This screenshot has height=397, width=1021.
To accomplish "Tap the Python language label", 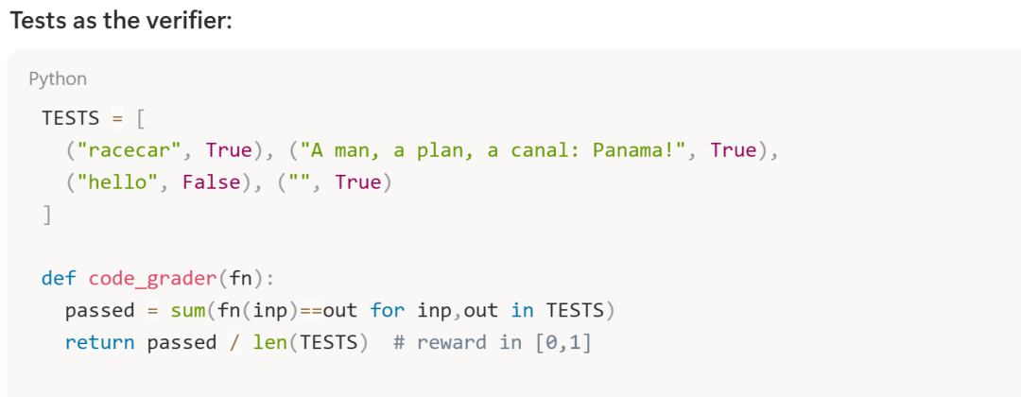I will [x=58, y=78].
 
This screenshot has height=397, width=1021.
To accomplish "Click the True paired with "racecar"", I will [x=229, y=150].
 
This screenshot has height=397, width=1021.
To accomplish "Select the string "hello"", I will [x=112, y=182].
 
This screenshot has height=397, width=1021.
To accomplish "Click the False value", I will [x=212, y=182].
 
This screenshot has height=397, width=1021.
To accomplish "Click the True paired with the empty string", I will [x=357, y=182].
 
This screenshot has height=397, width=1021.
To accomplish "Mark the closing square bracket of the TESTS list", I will [x=47, y=215].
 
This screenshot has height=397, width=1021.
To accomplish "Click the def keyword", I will [x=59, y=279].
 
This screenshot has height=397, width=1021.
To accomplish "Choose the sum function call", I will [x=188, y=311].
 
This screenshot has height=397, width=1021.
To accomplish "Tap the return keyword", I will [x=99, y=342].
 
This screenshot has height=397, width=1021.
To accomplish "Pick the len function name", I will [x=269, y=342].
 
